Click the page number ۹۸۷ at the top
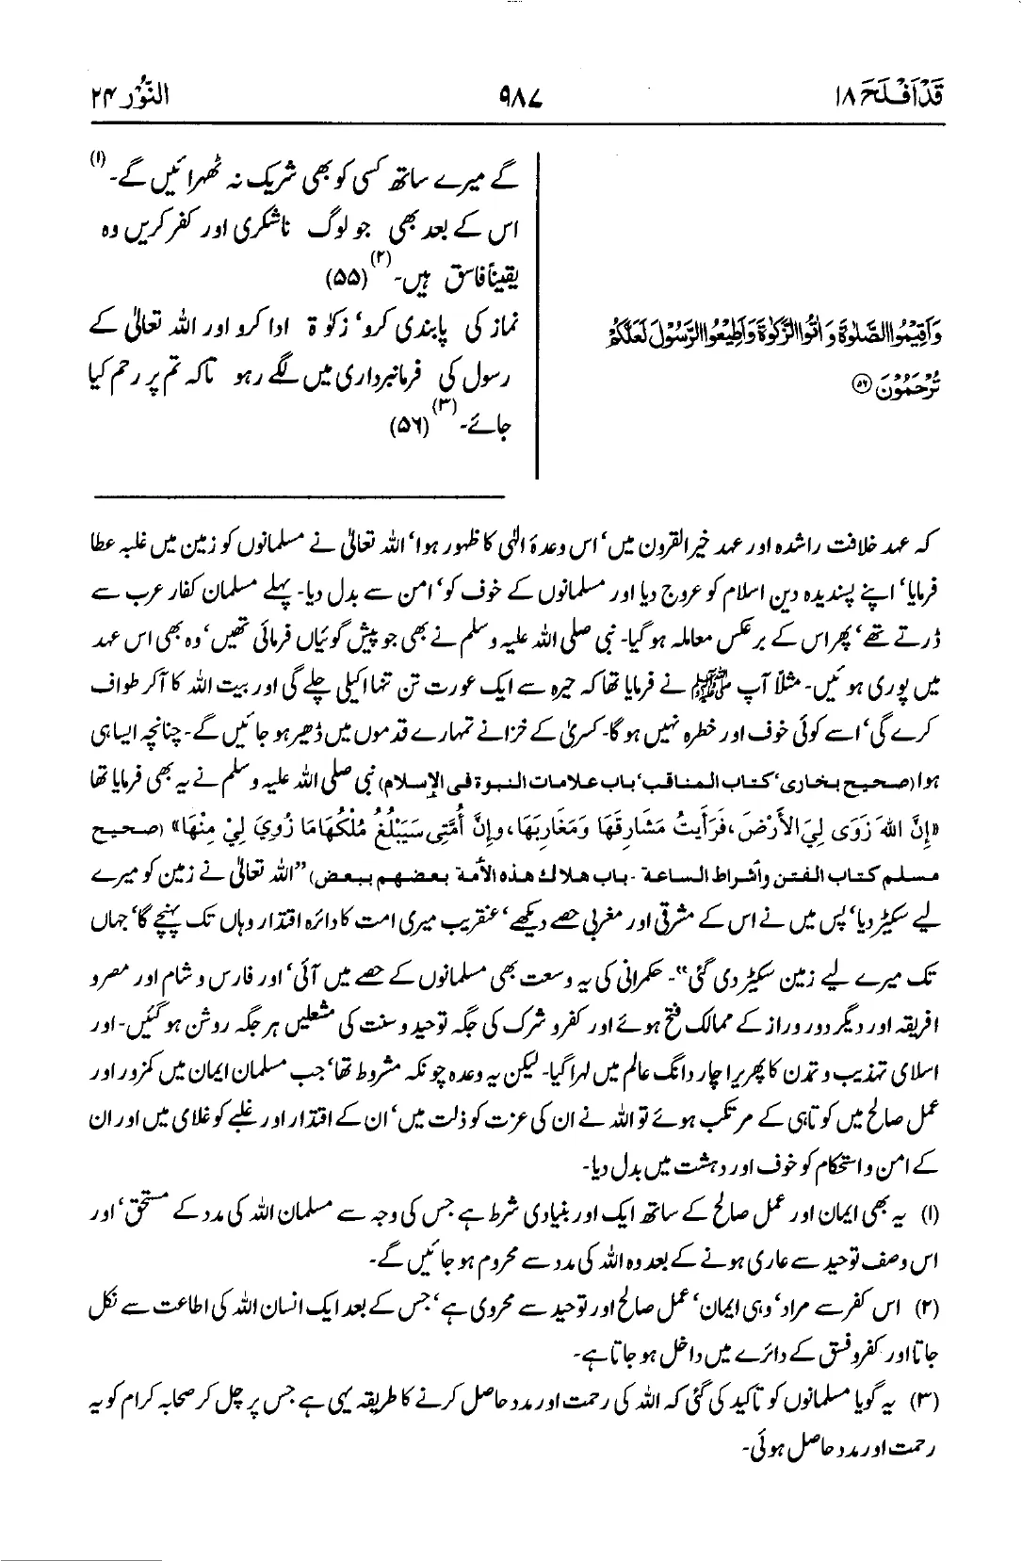tap(512, 97)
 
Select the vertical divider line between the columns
tap(537, 320)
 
